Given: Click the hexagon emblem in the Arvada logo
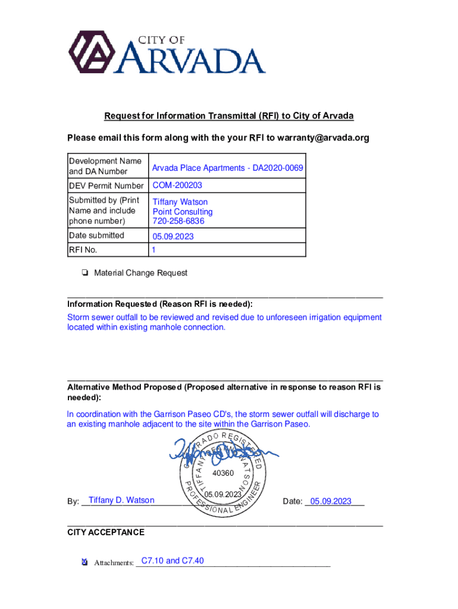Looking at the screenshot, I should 92,52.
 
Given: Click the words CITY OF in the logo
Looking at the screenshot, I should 161,40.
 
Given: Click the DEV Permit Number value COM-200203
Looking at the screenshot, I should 177,186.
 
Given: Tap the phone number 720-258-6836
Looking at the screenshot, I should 178,221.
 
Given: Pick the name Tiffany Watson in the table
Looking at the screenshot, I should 180,202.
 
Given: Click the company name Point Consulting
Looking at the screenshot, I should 183,212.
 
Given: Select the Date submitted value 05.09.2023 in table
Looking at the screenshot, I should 173,236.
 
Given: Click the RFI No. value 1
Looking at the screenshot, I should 154,250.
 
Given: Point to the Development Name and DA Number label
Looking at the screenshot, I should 105,166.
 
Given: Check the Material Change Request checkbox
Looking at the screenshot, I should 86,274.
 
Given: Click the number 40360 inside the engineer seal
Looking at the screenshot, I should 222,473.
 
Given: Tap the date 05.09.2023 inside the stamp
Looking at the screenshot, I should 222,495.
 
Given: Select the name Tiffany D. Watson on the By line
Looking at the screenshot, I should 121,500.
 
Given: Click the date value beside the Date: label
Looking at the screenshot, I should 331,501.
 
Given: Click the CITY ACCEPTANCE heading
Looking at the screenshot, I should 106,532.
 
